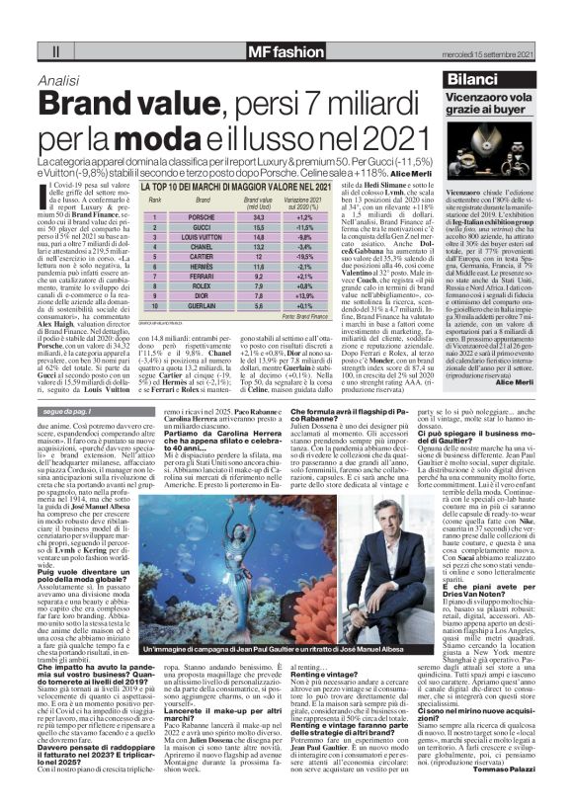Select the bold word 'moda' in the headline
(x=170, y=137)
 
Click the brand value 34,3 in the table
(x=231, y=216)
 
